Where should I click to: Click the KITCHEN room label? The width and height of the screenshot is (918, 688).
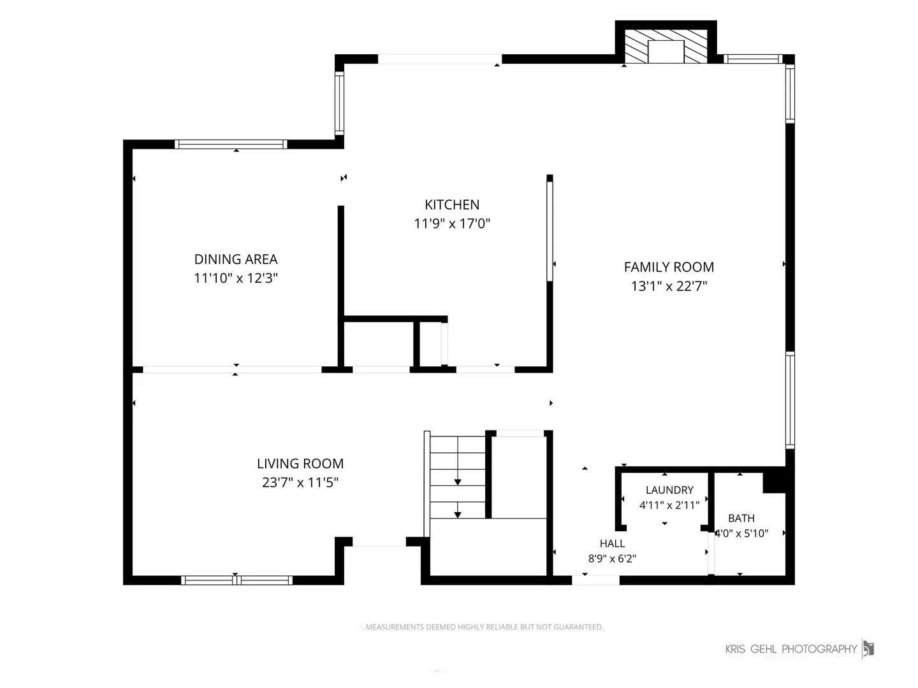point(452,204)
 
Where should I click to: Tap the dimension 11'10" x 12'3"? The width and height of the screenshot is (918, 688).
point(235,278)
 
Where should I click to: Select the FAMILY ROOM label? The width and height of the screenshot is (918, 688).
point(668,267)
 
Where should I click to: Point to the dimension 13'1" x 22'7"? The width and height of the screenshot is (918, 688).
point(668,286)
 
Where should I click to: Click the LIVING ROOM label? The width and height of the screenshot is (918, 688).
point(300,463)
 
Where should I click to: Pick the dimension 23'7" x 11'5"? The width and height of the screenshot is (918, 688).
point(300,482)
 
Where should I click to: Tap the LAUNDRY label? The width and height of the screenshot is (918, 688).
point(669,490)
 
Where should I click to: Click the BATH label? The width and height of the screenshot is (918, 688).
point(741,518)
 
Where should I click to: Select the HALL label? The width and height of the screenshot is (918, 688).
point(612,543)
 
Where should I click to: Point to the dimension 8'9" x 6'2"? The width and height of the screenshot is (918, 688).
point(612,559)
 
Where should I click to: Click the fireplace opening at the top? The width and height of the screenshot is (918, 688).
point(666,52)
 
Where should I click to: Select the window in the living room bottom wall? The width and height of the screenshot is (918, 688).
point(237,580)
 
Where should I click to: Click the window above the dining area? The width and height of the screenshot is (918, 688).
point(231,145)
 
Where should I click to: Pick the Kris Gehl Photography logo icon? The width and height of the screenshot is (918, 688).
point(868,649)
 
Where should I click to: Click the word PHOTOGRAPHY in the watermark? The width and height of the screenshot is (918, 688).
point(819,649)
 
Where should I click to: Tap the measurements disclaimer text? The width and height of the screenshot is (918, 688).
point(483,627)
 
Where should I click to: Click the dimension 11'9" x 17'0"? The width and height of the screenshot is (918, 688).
point(452,224)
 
